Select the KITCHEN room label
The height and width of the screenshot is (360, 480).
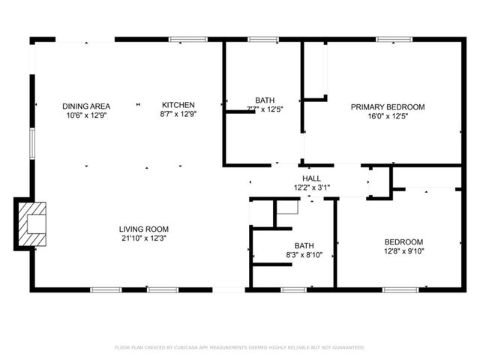(x=178, y=105)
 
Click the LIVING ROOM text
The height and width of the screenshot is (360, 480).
(x=143, y=229)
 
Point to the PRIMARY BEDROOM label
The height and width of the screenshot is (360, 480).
(x=388, y=107)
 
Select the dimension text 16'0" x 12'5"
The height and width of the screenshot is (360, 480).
(x=388, y=116)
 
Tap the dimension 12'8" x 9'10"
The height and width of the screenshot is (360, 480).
(x=403, y=250)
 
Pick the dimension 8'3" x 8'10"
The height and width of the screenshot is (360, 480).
(x=304, y=254)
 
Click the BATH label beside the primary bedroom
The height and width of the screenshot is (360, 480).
(x=264, y=100)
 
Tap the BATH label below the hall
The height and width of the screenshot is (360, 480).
(x=304, y=245)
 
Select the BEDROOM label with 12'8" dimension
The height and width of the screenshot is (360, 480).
(x=403, y=241)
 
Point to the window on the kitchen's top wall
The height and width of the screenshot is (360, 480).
(x=184, y=39)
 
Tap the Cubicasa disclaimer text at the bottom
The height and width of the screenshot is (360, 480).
(x=240, y=347)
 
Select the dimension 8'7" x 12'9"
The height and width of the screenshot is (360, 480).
(x=178, y=115)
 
